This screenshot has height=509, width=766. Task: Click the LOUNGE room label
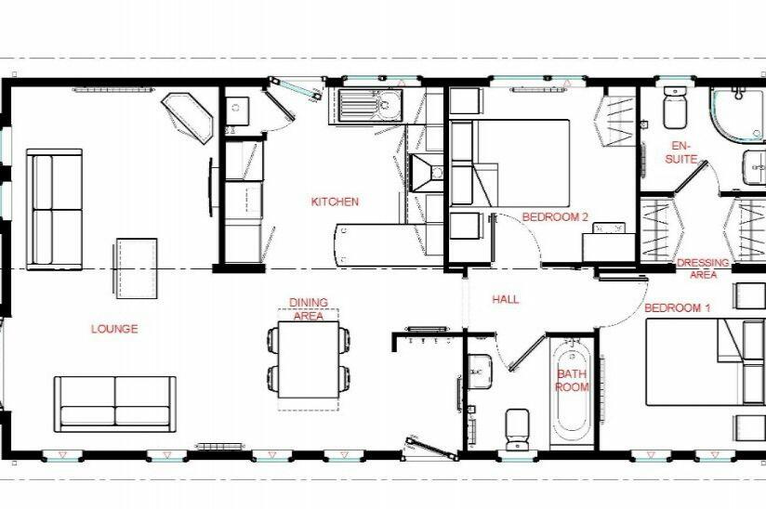click(114, 329)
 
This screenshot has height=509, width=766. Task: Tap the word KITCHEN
click(335, 202)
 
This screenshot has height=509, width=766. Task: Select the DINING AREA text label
click(308, 309)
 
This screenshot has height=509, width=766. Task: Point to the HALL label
click(506, 300)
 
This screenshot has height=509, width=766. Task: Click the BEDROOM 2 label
click(556, 217)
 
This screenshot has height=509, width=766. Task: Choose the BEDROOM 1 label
click(678, 307)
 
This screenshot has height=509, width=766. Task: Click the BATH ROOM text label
click(572, 381)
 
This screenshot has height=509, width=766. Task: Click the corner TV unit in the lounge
click(189, 116)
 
